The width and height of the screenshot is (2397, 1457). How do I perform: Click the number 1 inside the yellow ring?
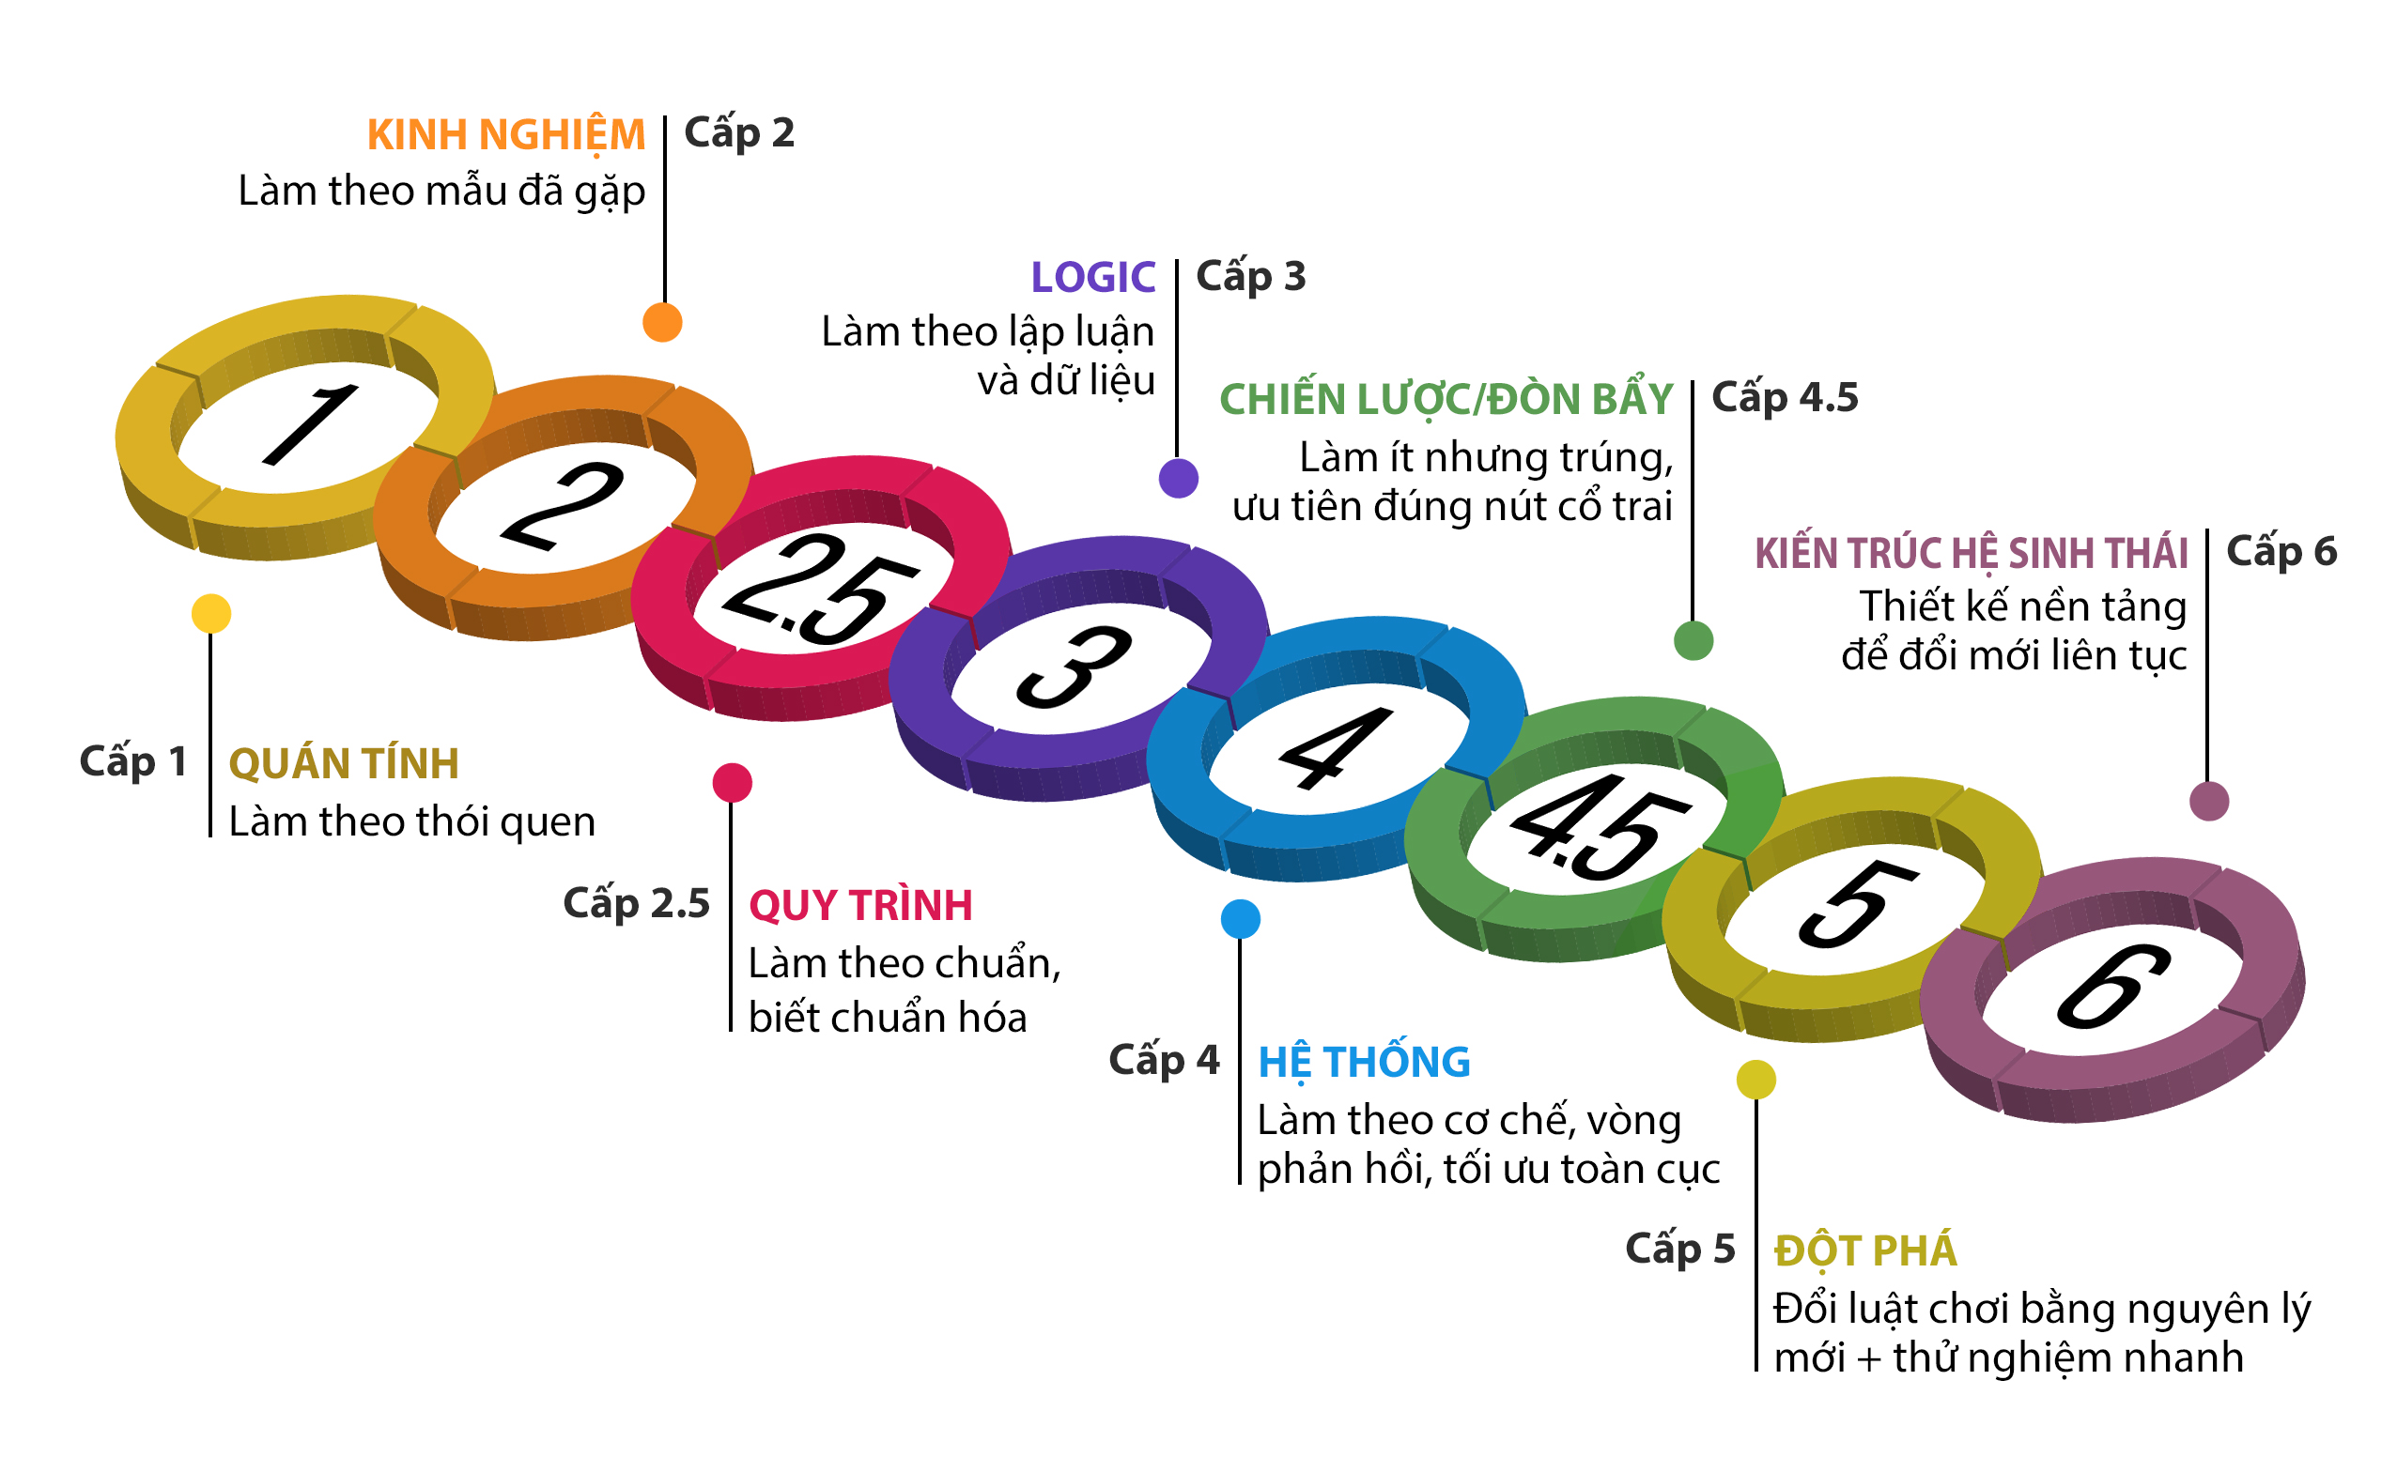coord(309,426)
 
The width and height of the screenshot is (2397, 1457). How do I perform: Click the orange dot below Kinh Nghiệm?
coord(662,322)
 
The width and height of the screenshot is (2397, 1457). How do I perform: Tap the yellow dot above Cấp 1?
coord(211,614)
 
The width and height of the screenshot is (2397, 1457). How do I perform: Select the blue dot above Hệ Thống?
coord(1241,919)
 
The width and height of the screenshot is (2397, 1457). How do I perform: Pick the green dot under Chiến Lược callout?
coord(1693,641)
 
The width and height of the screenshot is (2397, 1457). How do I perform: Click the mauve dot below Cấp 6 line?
coord(2208,802)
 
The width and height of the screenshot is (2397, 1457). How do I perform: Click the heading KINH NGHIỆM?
coord(506,135)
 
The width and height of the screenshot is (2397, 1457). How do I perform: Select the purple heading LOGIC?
coord(1092,278)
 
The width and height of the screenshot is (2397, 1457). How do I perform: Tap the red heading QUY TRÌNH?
coord(860,906)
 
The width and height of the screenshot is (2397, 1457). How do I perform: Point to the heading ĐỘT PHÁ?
coord(1864,1250)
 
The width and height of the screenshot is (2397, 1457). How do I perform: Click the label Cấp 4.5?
coord(1785,398)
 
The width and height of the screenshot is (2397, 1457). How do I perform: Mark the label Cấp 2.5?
coord(636,903)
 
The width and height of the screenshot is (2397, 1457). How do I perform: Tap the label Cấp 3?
coord(1250,277)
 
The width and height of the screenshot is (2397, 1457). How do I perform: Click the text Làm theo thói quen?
coord(411,821)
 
